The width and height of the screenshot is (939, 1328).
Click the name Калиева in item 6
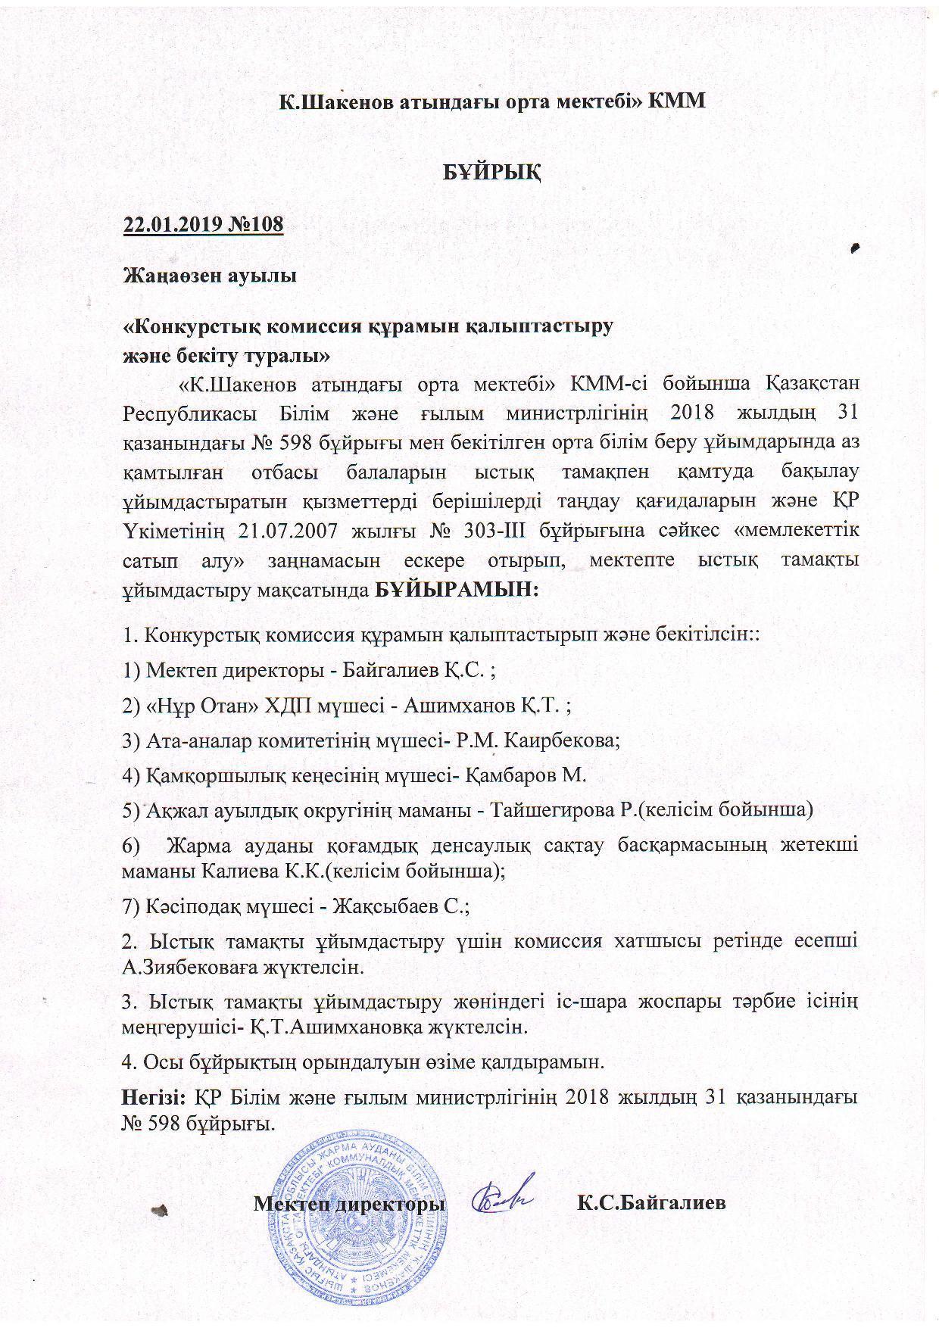(x=242, y=870)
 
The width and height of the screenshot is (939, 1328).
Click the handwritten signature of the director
(x=503, y=1199)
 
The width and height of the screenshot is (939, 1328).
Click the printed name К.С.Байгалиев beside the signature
(x=651, y=1202)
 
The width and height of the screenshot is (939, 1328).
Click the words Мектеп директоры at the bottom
(x=349, y=1203)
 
